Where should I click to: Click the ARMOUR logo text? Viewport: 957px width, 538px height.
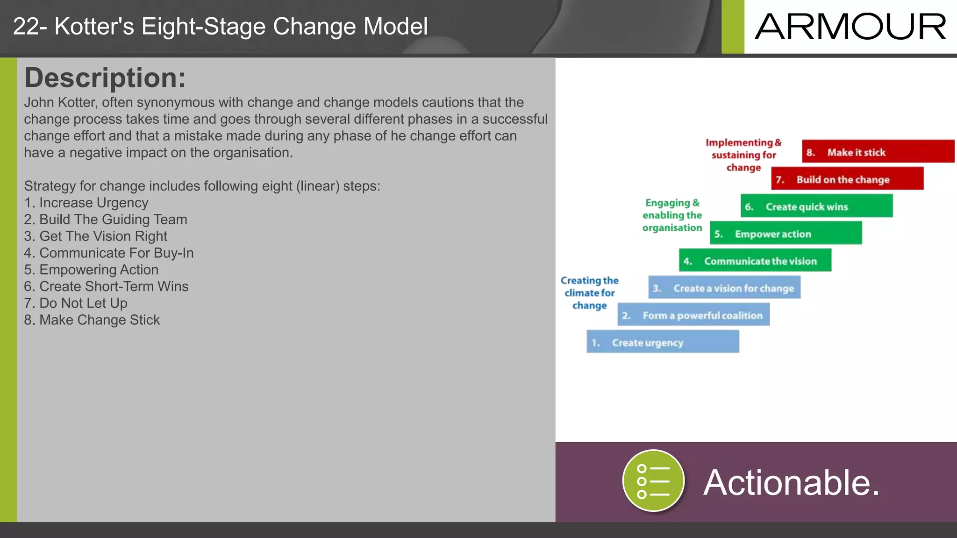point(850,27)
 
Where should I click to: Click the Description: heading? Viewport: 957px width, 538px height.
point(105,78)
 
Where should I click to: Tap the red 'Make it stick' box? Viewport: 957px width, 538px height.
point(878,151)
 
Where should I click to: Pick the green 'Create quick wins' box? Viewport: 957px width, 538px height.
point(816,206)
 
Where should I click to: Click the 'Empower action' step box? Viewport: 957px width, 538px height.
point(785,233)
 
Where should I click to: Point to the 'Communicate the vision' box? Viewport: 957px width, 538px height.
point(755,260)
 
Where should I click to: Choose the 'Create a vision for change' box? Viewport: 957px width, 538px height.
point(724,287)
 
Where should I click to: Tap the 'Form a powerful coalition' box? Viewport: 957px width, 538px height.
point(693,315)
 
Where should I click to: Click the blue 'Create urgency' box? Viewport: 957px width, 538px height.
point(662,342)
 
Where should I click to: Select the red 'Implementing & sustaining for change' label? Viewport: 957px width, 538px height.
point(743,155)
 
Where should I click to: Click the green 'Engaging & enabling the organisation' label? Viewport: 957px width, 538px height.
point(672,215)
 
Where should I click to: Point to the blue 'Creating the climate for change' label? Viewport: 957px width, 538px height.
point(589,293)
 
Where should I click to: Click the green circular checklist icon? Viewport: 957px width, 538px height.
point(653,481)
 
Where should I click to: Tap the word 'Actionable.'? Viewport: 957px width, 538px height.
point(791,482)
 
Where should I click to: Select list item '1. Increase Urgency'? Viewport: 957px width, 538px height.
point(86,203)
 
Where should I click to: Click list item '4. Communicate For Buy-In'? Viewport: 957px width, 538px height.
point(108,253)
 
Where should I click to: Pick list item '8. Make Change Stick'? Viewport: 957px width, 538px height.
point(92,320)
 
